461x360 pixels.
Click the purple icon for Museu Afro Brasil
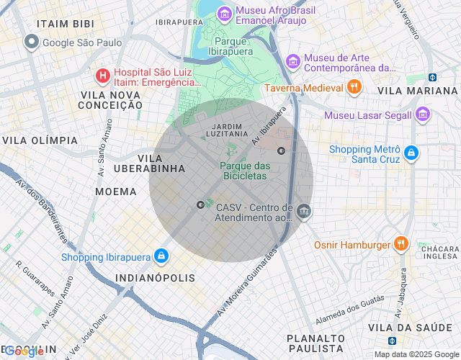(x=224, y=14)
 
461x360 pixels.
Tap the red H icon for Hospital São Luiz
(x=103, y=75)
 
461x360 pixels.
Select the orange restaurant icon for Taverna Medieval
(x=353, y=88)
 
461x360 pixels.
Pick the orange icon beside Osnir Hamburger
(x=401, y=245)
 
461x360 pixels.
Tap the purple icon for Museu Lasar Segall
(x=423, y=114)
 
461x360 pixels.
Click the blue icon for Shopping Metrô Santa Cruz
(x=411, y=153)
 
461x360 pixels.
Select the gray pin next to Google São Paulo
(x=31, y=42)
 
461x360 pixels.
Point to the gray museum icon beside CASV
(x=303, y=211)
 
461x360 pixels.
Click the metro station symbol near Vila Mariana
(x=432, y=77)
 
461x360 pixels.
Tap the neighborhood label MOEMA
(x=115, y=192)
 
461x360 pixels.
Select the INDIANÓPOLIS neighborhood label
(x=156, y=278)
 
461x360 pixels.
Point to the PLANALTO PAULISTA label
(x=315, y=343)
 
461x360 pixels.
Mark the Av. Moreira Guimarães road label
(x=247, y=284)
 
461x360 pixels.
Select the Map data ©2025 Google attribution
(x=416, y=354)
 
